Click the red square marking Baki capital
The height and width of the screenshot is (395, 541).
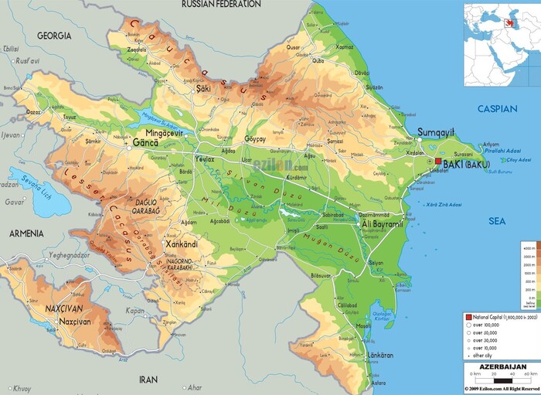point(438,162)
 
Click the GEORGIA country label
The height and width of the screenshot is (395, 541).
point(53,36)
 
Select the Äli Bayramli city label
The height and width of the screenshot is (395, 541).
point(383,223)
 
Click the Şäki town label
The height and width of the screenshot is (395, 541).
point(203,89)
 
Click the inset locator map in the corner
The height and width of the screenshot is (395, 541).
point(501,44)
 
